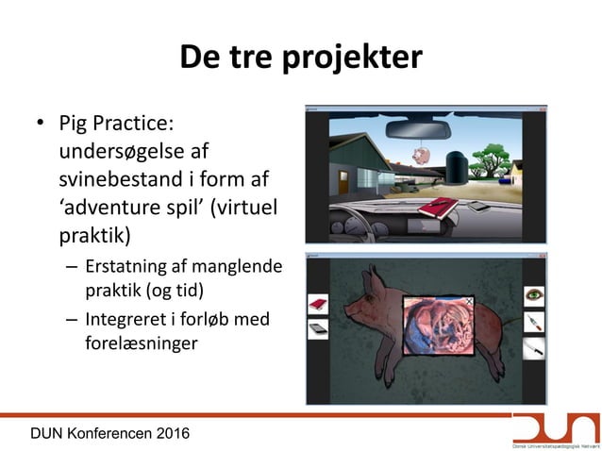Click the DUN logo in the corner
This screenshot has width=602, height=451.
click(554, 429)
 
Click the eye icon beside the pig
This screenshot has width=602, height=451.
click(536, 294)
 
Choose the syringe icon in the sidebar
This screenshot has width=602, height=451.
click(536, 323)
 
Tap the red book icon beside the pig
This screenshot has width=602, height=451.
click(317, 304)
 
